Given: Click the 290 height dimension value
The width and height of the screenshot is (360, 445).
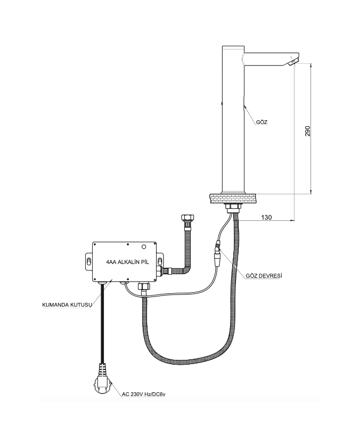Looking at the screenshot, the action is coord(308,131).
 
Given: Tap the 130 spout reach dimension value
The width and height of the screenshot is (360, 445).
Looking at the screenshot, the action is coord(266,217).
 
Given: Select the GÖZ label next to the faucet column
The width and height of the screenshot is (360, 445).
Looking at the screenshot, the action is coord(262,122).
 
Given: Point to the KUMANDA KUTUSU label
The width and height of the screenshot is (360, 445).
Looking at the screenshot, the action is coord(67,305).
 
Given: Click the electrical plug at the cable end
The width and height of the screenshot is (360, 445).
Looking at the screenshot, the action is coord(102,378).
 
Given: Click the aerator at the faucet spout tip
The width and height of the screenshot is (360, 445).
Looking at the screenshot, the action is coord(293,61).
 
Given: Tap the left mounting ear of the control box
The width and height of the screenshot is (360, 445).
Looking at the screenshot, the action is coord(89,261).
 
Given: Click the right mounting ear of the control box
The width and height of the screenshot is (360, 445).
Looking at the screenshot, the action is coord(160,261).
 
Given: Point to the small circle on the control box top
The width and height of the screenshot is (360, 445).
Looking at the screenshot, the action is coord(144,246).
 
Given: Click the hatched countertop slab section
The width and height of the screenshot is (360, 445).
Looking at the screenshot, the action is coord(232,198).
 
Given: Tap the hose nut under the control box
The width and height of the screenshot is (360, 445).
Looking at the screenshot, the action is coord(143,286).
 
